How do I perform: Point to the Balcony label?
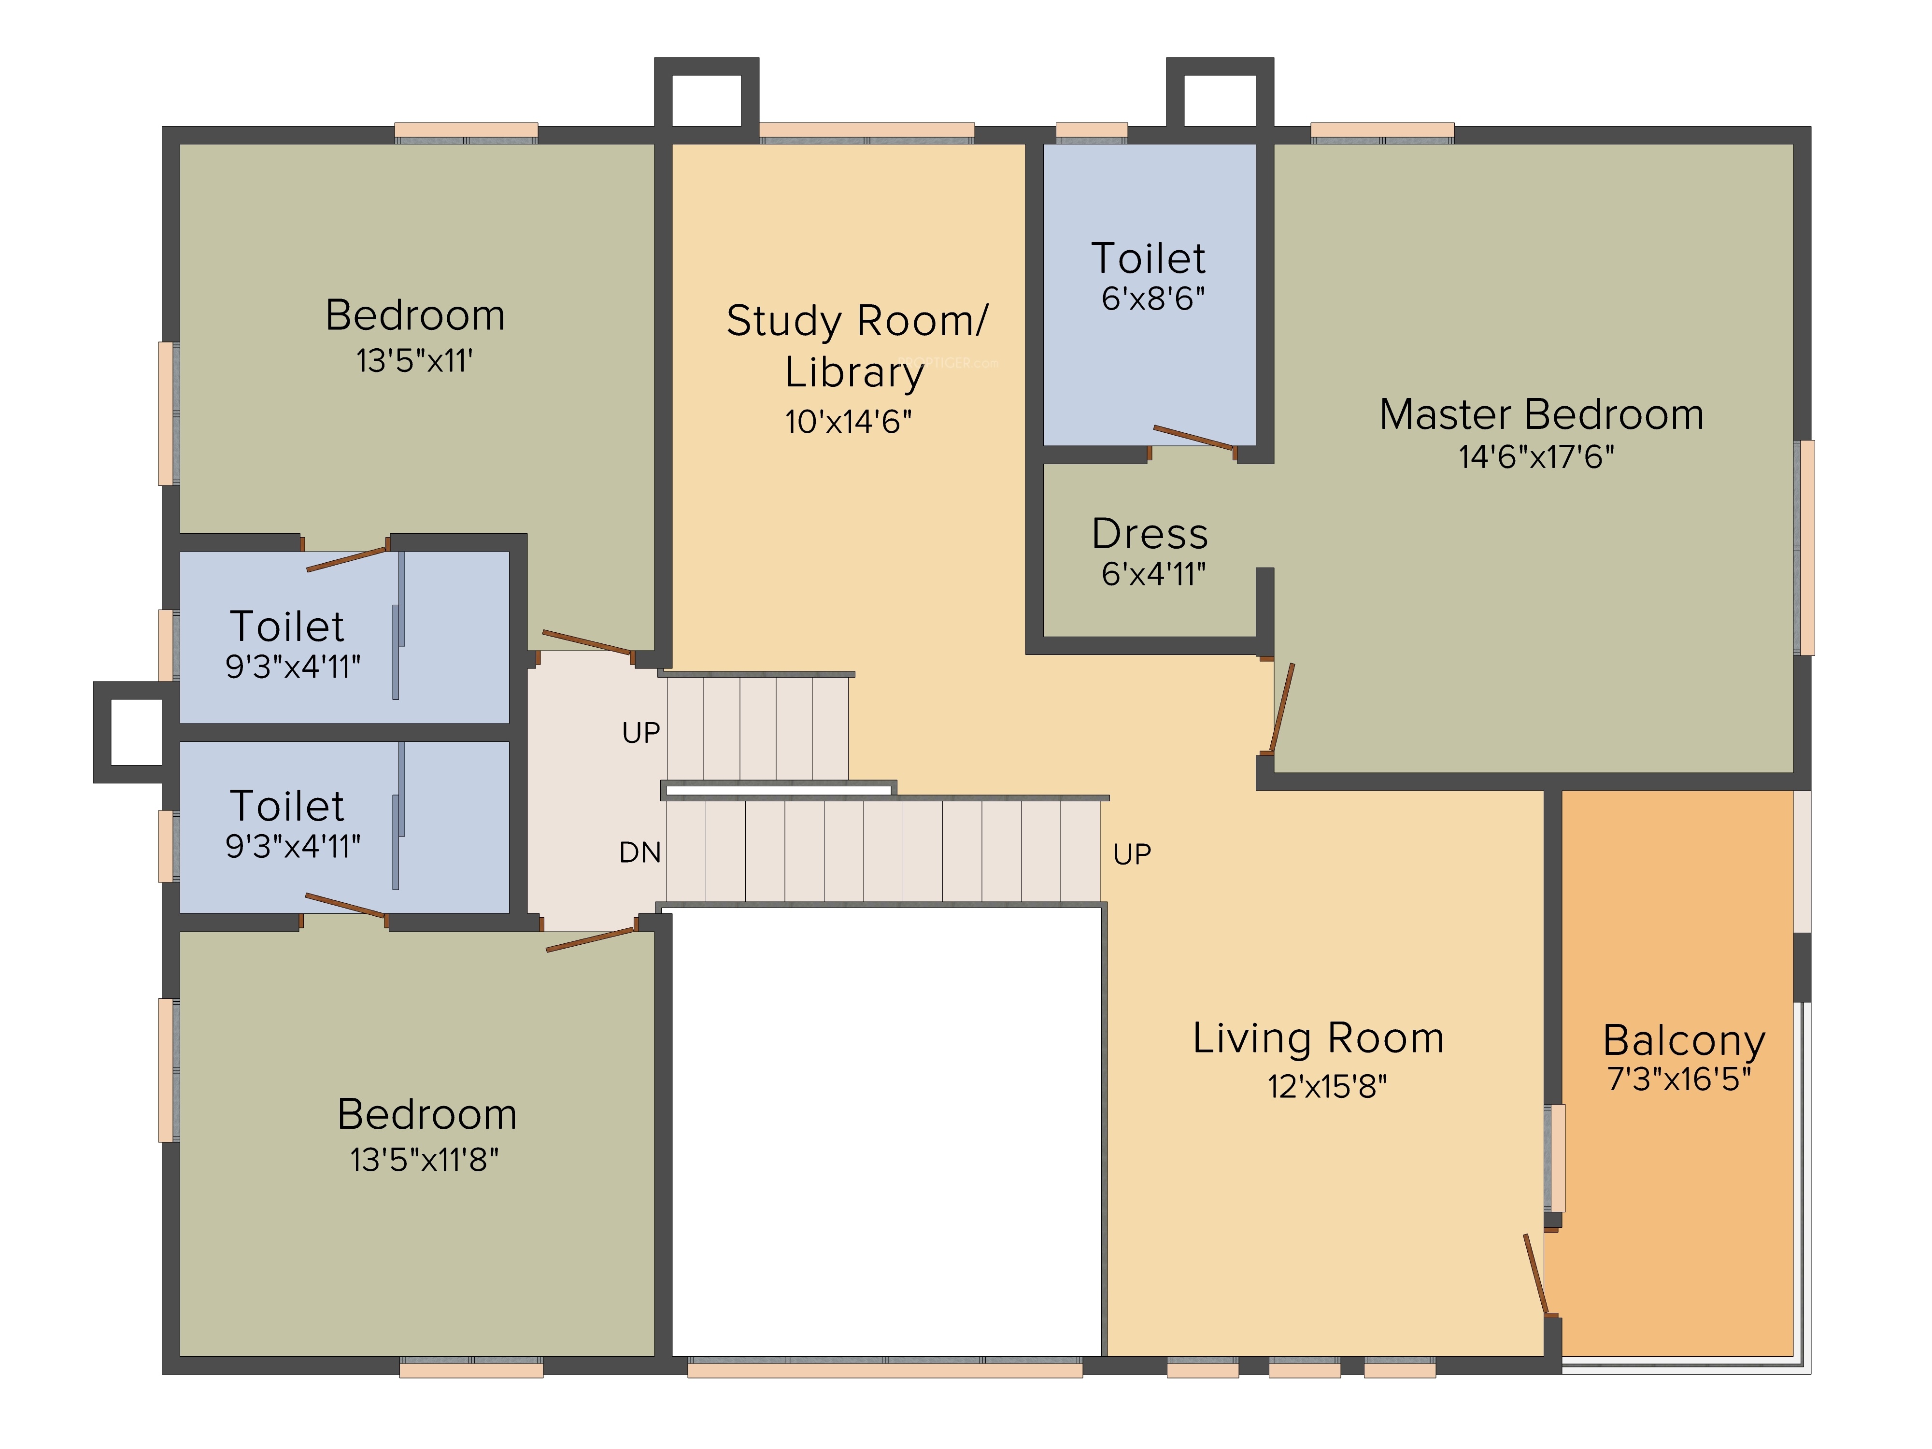coord(1684,1040)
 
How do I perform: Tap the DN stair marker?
coord(640,852)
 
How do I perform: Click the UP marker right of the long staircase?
coord(1132,854)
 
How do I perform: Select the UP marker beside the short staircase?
coord(641,733)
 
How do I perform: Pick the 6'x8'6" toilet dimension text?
coord(1153,298)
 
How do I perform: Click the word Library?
coord(854,373)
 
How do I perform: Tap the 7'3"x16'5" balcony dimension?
coord(1679,1080)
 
